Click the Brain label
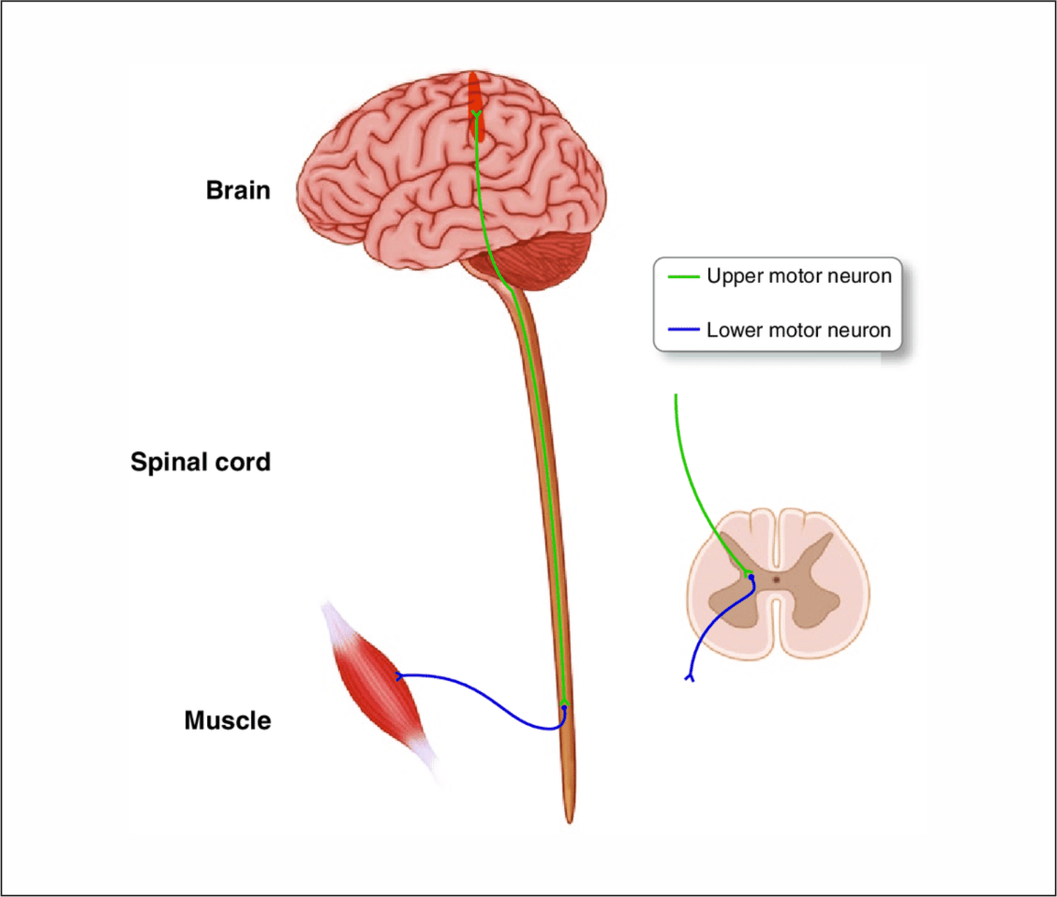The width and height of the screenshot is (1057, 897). [x=238, y=190]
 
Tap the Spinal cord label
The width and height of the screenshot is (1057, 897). [x=200, y=462]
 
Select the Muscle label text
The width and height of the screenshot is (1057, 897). [x=227, y=721]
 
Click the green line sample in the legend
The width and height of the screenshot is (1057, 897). [x=683, y=277]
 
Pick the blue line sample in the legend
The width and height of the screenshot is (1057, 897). [x=683, y=330]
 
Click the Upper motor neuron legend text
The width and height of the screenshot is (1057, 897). [x=799, y=276]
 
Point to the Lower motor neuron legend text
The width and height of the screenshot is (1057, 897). [x=798, y=330]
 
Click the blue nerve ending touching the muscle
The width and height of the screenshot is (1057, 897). [x=399, y=676]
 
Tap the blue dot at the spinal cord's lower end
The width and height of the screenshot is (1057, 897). [x=564, y=707]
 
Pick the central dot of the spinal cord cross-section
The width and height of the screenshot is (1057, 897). [x=776, y=579]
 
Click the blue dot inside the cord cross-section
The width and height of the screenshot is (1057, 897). [x=751, y=577]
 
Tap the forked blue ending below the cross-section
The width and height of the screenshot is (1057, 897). [x=690, y=677]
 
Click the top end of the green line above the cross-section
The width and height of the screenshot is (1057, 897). [x=676, y=396]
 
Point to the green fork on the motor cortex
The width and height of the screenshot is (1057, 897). [x=476, y=113]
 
